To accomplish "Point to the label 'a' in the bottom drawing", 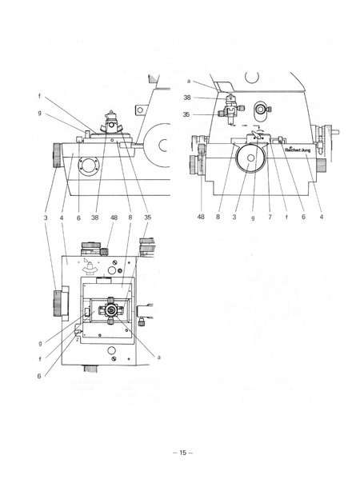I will (159, 357).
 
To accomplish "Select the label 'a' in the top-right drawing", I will (188, 81).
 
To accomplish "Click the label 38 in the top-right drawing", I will (187, 98).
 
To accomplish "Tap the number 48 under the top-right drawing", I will (202, 217).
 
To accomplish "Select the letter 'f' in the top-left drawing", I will (38, 97).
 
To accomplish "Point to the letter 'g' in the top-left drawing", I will (38, 114).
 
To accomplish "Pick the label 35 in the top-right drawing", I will (187, 114).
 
